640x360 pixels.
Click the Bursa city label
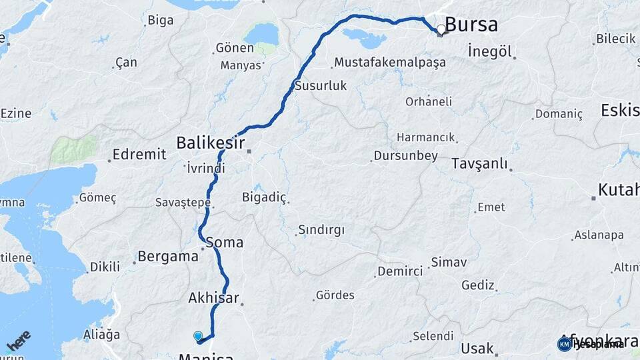pos(471,25)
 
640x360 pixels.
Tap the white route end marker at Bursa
pos(441,30)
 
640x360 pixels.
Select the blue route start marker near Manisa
pos(198,336)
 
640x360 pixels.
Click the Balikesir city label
pos(210,143)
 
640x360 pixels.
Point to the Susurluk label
pos(321,85)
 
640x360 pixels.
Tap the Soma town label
pos(225,242)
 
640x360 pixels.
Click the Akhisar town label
pos(213,297)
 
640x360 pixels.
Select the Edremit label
pos(139,155)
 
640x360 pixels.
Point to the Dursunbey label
pos(405,156)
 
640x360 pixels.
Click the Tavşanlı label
pos(479,164)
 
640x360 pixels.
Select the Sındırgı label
pos(321,230)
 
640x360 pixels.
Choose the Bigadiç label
pos(265,197)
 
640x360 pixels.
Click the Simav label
pos(449,262)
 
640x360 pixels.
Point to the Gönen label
pos(235,48)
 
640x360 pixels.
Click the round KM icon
pos(564,344)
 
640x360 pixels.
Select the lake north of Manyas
pos(261,33)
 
